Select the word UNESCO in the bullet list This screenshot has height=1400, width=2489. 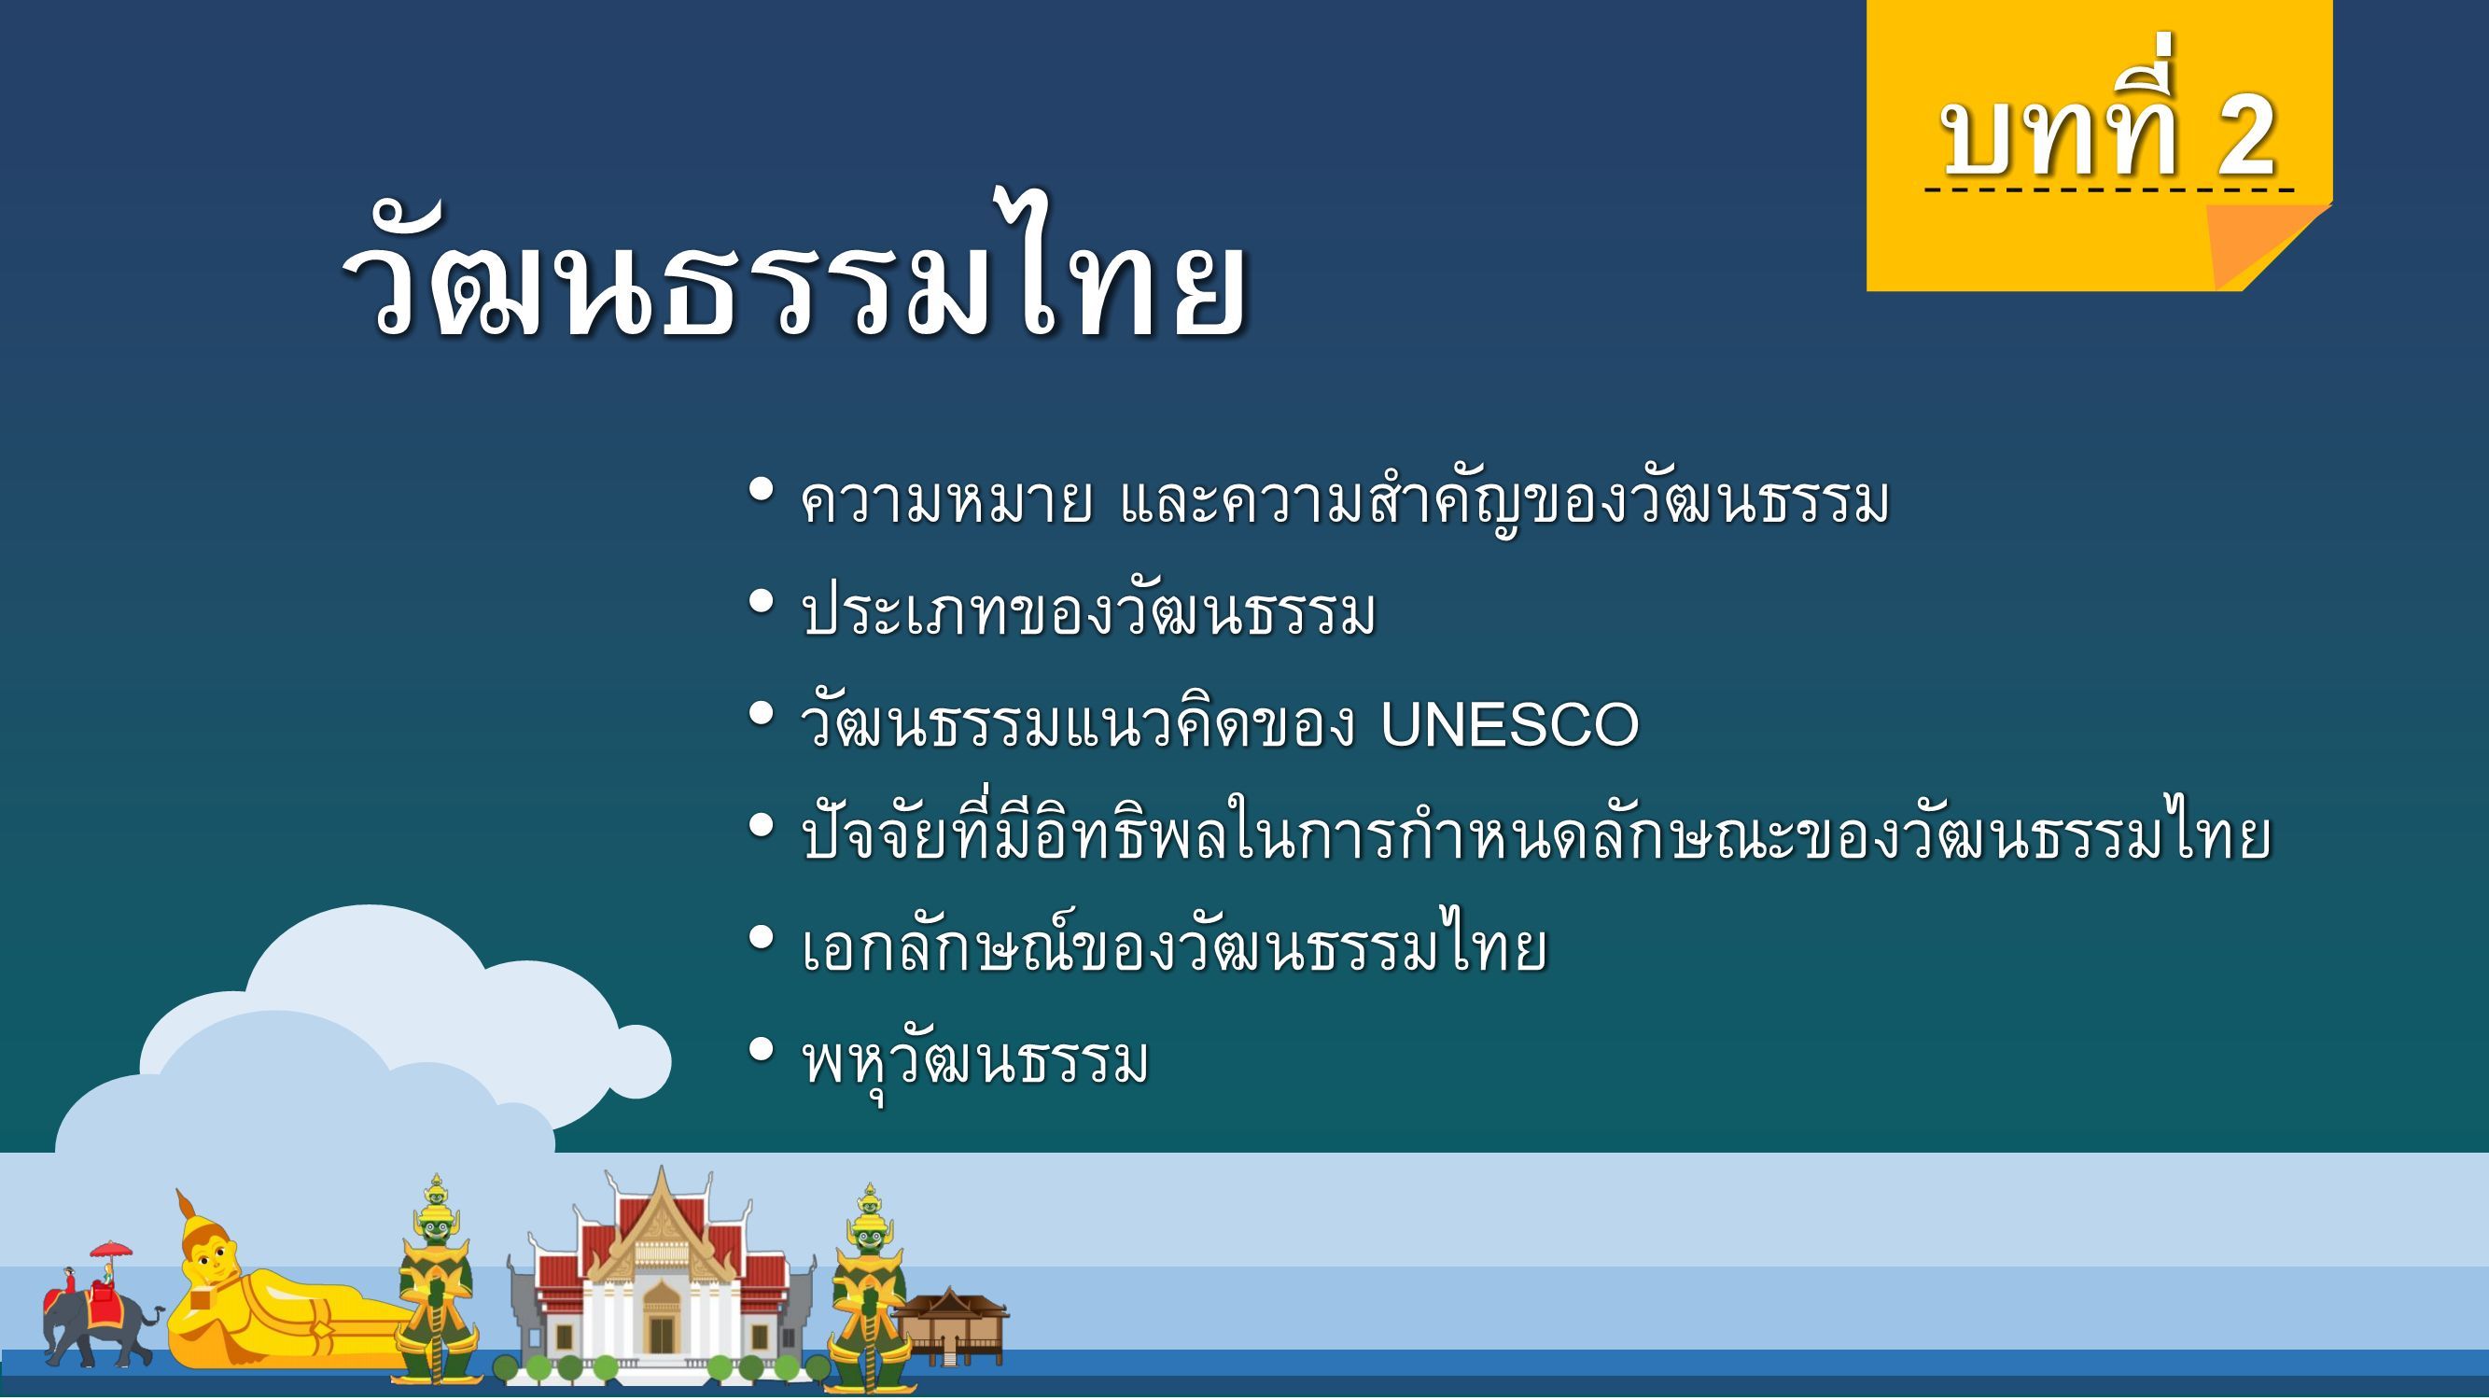(1509, 724)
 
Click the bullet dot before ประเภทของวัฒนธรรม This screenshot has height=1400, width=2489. (762, 603)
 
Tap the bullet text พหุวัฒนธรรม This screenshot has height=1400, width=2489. (976, 1062)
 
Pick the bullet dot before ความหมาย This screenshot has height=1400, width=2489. (762, 491)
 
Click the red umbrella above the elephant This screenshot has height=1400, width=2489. (111, 1248)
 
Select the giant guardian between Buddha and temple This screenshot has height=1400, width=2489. (435, 1285)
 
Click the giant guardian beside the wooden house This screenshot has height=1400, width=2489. (868, 1290)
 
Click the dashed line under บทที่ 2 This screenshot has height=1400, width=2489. (2109, 190)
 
